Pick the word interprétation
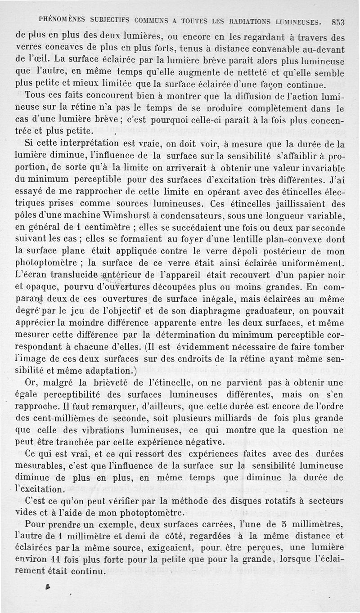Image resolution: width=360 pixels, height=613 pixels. point(90,145)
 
